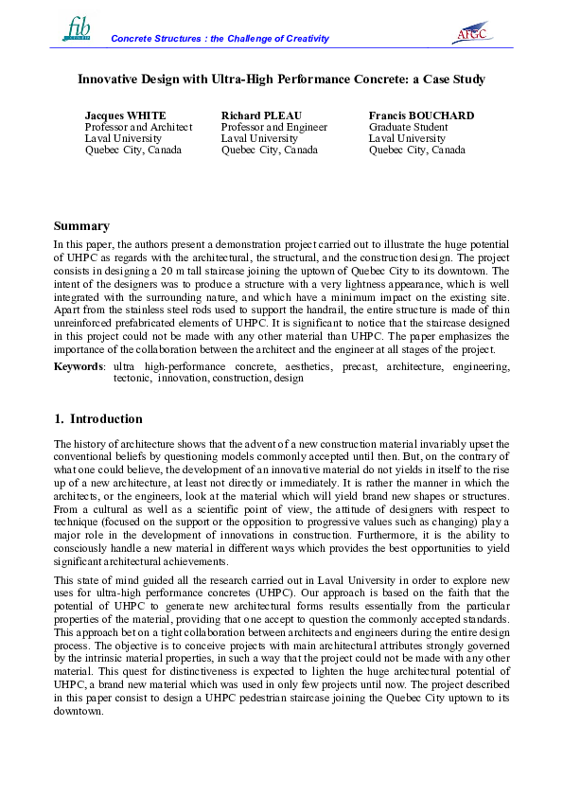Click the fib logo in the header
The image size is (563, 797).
[77, 28]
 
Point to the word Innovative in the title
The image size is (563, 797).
[109, 80]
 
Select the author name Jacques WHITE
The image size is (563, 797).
[125, 115]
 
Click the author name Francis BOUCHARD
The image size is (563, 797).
[421, 115]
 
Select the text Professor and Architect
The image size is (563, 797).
[138, 127]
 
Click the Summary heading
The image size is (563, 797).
[81, 226]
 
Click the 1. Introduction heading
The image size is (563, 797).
[98, 419]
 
